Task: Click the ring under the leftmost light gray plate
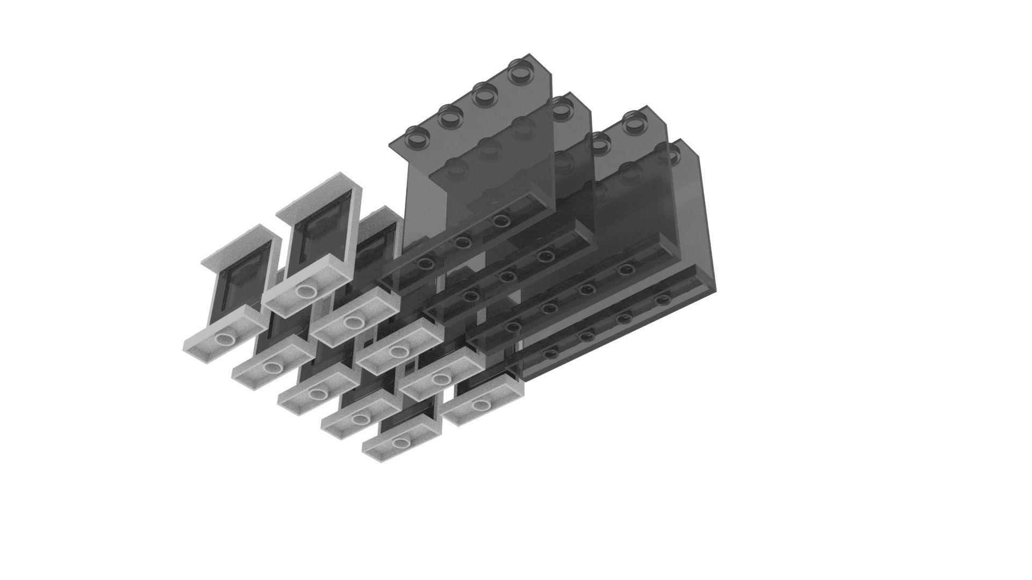pos(224,339)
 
